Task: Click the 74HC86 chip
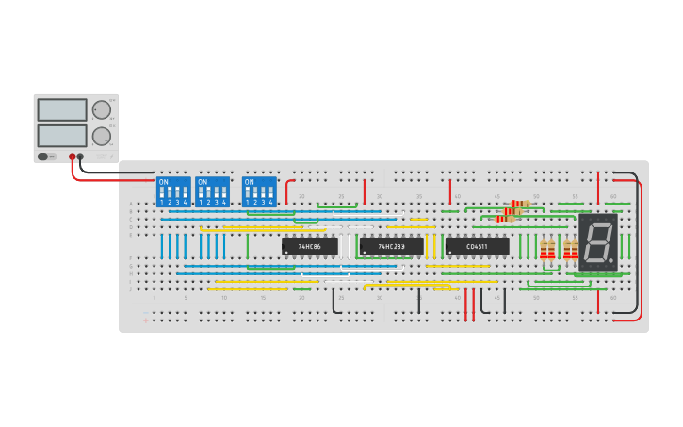pyautogui.click(x=309, y=247)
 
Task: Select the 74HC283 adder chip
pyautogui.click(x=391, y=247)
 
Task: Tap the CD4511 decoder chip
pyautogui.click(x=477, y=247)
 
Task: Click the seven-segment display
pyautogui.click(x=597, y=243)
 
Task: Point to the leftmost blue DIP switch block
pyautogui.click(x=173, y=191)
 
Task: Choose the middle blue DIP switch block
pyautogui.click(x=213, y=191)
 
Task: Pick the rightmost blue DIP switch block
pyautogui.click(x=259, y=191)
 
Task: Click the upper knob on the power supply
pyautogui.click(x=101, y=109)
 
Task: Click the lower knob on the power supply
pyautogui.click(x=101, y=136)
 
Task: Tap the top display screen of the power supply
pyautogui.click(x=62, y=109)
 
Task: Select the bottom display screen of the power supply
pyautogui.click(x=62, y=136)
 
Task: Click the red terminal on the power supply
pyautogui.click(x=72, y=156)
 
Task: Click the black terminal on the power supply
pyautogui.click(x=81, y=156)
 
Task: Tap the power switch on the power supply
pyautogui.click(x=43, y=156)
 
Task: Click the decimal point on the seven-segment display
pyautogui.click(x=612, y=263)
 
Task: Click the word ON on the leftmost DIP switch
pyautogui.click(x=165, y=182)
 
